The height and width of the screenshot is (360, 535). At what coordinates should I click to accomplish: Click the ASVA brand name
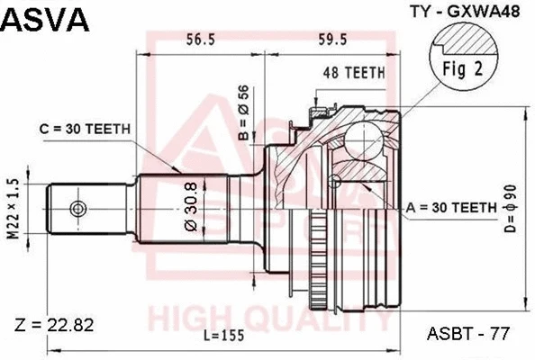coord(46,19)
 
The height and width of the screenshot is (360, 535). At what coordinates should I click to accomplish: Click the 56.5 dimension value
coord(199,39)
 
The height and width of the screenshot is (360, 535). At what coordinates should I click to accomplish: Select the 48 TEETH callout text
coord(354,73)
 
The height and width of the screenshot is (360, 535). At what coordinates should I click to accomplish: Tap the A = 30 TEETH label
coord(451,206)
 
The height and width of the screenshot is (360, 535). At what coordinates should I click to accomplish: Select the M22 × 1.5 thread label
coord(12,208)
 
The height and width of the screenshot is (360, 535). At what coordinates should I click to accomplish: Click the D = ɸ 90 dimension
coord(512,209)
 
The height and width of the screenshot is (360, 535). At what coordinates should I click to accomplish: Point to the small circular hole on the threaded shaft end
coord(78,208)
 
